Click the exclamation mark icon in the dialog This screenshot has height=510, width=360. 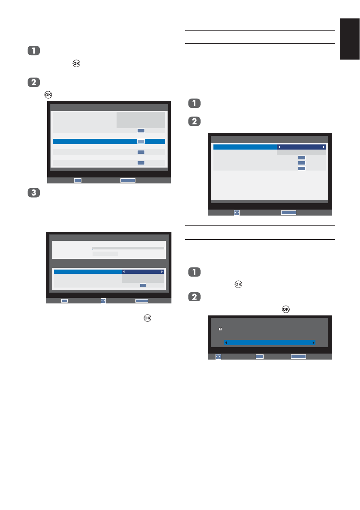(220, 329)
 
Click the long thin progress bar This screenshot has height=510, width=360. (129, 248)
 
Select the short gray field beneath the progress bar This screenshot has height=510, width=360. (105, 254)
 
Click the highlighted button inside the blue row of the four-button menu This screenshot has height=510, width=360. (141, 141)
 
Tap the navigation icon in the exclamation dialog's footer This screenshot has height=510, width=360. (218, 356)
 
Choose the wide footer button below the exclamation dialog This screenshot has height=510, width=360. (298, 356)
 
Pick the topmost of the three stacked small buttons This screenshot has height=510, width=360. (302, 158)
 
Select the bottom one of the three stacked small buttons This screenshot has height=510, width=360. (302, 168)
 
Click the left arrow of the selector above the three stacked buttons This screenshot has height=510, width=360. (279, 147)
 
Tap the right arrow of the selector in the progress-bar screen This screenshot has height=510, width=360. (162, 272)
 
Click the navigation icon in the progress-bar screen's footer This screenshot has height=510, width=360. (103, 301)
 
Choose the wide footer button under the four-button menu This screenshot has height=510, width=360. (128, 180)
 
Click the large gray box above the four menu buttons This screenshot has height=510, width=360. (141, 120)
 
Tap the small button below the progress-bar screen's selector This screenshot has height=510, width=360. (143, 285)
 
